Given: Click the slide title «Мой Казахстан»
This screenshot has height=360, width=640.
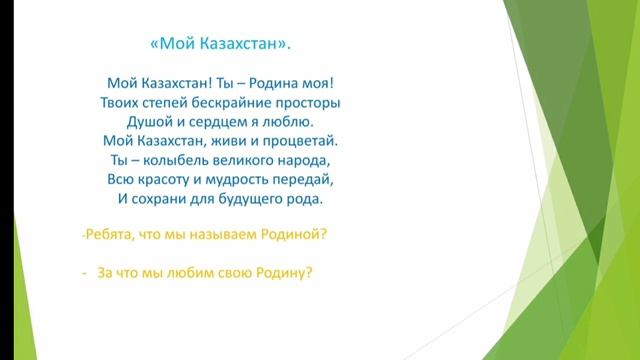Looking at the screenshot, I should pos(221,43).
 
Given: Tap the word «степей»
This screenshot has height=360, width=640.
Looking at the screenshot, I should pos(165,102).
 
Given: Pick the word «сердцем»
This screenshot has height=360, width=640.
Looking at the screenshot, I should pos(219,121).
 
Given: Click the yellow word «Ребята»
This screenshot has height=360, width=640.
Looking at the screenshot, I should pos(109,235).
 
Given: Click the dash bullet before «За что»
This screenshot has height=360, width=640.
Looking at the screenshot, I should pos(86,272).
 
